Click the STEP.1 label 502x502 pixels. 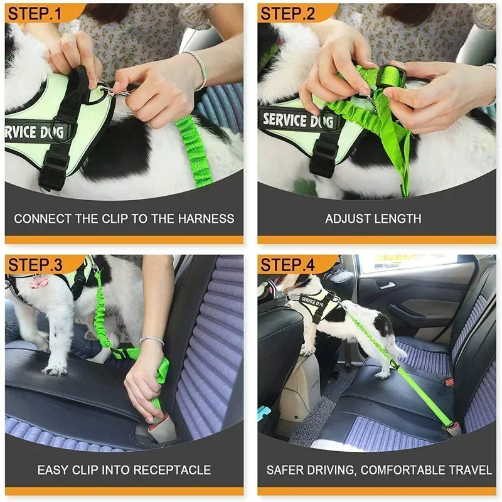[x=36, y=13]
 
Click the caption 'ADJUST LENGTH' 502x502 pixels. [x=373, y=219]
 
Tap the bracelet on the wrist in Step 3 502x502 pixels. [x=152, y=340]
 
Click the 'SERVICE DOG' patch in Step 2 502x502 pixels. [x=294, y=120]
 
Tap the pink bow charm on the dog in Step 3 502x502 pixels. [x=38, y=282]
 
